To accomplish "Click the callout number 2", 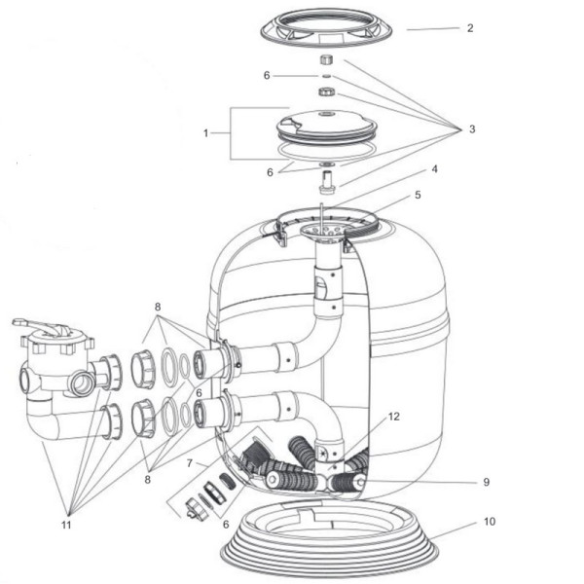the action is pyautogui.click(x=470, y=28).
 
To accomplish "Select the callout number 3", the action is pyautogui.click(x=472, y=129).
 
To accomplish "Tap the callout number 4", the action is pyautogui.click(x=434, y=169).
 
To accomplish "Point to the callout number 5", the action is pyautogui.click(x=418, y=195).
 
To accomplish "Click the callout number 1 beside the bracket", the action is pyautogui.click(x=205, y=133).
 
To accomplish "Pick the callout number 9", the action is pyautogui.click(x=486, y=482).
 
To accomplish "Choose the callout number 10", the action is pyautogui.click(x=490, y=522).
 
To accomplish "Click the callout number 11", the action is pyautogui.click(x=66, y=525).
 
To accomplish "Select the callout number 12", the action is pyautogui.click(x=393, y=417).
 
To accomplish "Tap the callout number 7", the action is pyautogui.click(x=190, y=463).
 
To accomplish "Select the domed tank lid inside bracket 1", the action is pyautogui.click(x=327, y=126).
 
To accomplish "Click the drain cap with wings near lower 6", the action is pyautogui.click(x=197, y=509).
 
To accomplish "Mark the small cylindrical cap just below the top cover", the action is pyautogui.click(x=327, y=59).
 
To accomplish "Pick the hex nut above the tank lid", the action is pyautogui.click(x=327, y=91).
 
